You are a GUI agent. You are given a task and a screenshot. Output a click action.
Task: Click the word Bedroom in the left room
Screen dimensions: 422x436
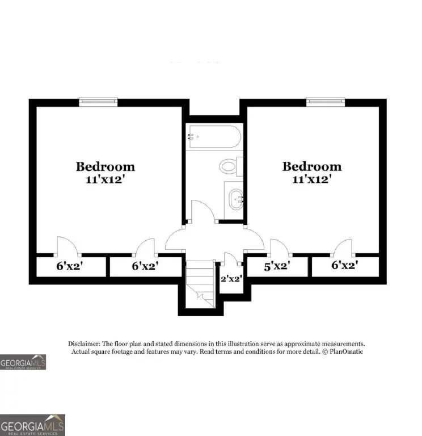click(x=106, y=166)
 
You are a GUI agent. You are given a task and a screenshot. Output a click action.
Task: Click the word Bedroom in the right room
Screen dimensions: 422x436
click(x=312, y=166)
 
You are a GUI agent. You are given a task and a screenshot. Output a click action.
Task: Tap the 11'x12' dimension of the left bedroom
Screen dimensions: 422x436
click(x=104, y=179)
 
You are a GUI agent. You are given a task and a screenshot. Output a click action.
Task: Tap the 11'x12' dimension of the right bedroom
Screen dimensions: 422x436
click(x=312, y=179)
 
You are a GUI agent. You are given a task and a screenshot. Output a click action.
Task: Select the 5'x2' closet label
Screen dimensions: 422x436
click(x=277, y=266)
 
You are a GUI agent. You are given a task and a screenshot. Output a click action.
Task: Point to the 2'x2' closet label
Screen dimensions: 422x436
click(x=231, y=278)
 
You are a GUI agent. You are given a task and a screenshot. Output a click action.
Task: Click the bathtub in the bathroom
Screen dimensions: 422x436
click(x=215, y=136)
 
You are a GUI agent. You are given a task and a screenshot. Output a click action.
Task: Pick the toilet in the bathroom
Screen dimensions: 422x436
click(x=231, y=166)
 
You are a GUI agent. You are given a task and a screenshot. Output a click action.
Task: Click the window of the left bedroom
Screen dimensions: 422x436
click(x=98, y=102)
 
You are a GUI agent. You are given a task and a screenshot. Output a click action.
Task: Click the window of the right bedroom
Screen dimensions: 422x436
click(x=326, y=102)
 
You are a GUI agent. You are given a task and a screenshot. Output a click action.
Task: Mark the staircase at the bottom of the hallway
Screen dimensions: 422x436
click(x=200, y=284)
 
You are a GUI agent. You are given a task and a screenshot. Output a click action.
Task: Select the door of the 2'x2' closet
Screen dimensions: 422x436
click(x=231, y=258)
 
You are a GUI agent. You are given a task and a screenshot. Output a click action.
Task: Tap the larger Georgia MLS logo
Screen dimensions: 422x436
click(x=32, y=425)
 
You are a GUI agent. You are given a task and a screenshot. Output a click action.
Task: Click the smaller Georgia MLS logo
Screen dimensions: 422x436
click(x=23, y=362)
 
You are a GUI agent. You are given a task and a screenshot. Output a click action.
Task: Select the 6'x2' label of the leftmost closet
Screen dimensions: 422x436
click(x=70, y=266)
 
